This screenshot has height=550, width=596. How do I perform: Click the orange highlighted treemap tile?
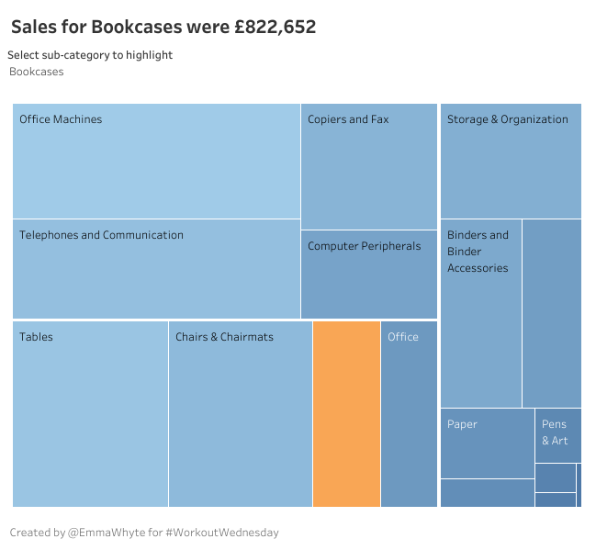[x=346, y=413]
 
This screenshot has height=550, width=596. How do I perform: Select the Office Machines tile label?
[x=61, y=119]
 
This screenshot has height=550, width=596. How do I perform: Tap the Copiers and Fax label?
[x=348, y=119]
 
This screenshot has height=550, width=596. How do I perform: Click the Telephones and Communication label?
[x=101, y=235]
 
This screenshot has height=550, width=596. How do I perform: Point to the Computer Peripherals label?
[x=364, y=246]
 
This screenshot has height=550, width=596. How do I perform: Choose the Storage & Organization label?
[x=507, y=119]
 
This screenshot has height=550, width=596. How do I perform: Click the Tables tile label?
[x=37, y=337]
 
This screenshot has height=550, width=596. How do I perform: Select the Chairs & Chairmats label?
[x=224, y=337]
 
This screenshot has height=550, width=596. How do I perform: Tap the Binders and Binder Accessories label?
[x=478, y=252]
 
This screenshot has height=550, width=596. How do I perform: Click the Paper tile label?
[x=462, y=424]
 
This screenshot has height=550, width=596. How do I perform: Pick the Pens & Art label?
[x=555, y=432]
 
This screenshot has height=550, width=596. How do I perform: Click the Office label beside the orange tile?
[x=403, y=337]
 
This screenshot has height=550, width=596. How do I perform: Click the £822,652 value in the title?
[x=275, y=28]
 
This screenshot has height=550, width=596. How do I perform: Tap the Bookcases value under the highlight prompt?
[x=37, y=72]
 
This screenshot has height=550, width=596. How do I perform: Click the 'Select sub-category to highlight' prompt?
[x=90, y=55]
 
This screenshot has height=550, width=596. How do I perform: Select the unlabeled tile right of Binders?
[x=551, y=312]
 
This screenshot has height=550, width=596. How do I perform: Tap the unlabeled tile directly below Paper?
[x=487, y=493]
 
